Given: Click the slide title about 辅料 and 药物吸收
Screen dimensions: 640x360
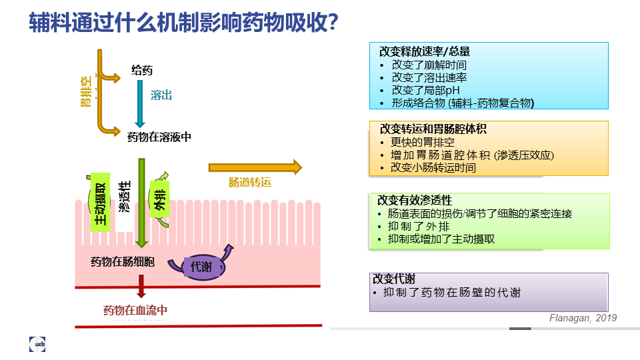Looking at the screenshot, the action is click(x=183, y=22).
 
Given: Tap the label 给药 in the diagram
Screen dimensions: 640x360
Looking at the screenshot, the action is click(x=141, y=70).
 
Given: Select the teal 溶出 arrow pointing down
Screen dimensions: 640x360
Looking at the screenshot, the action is click(x=140, y=104).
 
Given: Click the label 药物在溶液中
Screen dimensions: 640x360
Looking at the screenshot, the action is click(x=159, y=137).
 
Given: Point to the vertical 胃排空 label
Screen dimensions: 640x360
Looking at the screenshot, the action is click(x=86, y=91).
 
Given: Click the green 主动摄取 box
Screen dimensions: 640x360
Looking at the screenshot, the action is click(x=100, y=203).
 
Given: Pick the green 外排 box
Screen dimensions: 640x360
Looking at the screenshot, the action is click(x=159, y=199).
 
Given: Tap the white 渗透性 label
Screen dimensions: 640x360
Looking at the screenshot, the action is click(x=125, y=197).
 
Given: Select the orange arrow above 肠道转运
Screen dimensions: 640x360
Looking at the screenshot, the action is click(x=255, y=167).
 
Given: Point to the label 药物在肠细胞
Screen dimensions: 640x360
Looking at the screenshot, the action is click(x=123, y=261).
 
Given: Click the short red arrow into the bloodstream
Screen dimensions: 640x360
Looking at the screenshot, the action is click(x=141, y=286).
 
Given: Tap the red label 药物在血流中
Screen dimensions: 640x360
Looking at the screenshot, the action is click(x=135, y=310).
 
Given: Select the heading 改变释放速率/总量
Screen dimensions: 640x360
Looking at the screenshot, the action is click(x=425, y=51).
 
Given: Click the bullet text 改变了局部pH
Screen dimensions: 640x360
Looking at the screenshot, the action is click(x=426, y=90).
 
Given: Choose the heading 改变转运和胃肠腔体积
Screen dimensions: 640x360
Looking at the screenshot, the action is click(x=433, y=129).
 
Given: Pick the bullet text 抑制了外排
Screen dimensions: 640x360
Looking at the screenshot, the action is click(x=419, y=227).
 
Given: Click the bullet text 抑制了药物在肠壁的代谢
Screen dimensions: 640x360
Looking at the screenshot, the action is click(x=452, y=292).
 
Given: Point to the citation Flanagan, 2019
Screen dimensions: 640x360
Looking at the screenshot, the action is click(x=583, y=318).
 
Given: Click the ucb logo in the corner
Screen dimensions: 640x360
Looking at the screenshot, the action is click(x=37, y=344).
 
